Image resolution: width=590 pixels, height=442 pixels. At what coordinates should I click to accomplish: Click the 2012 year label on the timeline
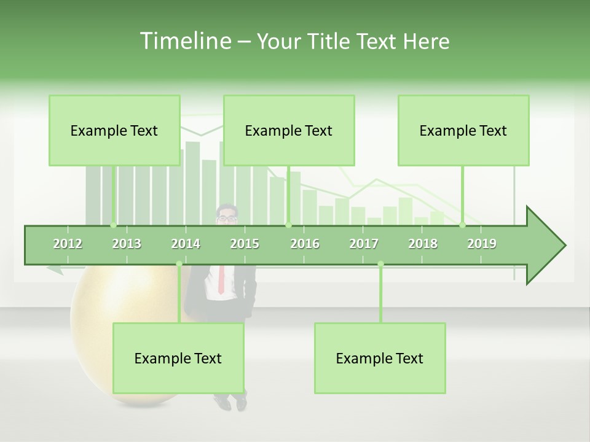click(68, 244)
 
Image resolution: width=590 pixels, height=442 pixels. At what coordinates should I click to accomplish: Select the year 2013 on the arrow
click(127, 244)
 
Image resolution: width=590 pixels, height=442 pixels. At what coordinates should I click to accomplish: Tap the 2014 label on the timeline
click(186, 244)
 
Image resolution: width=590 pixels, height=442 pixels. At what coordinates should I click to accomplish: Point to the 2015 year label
click(245, 244)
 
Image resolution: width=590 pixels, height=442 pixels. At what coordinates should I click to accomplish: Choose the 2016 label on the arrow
click(305, 244)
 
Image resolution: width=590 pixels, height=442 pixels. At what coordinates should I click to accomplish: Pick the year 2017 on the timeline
click(364, 244)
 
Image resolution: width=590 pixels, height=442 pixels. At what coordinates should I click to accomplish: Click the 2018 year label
click(423, 244)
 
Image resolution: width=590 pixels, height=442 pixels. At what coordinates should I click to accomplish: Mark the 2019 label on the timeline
click(482, 244)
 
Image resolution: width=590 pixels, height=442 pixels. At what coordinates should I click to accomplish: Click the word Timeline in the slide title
click(184, 41)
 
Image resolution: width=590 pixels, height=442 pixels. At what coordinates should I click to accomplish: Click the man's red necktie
click(221, 279)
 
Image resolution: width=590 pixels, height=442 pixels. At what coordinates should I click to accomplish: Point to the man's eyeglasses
click(227, 218)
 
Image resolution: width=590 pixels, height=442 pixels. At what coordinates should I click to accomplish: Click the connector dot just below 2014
click(179, 264)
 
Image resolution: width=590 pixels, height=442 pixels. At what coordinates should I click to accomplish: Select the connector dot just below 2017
click(380, 264)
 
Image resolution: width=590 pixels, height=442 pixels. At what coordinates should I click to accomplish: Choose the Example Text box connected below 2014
click(178, 358)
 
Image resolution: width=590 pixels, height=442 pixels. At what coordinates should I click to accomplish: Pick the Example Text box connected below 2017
click(380, 358)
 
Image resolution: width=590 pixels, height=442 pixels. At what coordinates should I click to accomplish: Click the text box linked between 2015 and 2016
click(289, 130)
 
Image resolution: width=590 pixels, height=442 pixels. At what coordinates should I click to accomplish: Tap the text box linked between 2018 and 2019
click(463, 130)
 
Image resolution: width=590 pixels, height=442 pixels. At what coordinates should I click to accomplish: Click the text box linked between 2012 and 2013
click(114, 130)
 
